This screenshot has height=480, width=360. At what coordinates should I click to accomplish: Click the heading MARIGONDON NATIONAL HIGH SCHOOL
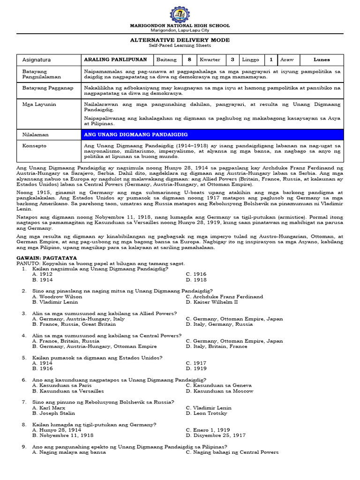pyautogui.click(x=180, y=26)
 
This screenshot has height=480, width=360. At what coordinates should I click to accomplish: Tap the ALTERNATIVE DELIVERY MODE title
pyautogui.click(x=180, y=40)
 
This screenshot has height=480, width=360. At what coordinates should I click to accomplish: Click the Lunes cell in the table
pyautogui.click(x=322, y=60)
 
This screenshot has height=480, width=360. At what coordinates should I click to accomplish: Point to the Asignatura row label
pyautogui.click(x=37, y=60)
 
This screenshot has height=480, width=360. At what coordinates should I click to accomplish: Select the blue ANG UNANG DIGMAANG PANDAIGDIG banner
pyautogui.click(x=211, y=135)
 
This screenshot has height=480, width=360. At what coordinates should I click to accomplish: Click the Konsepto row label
pyautogui.click(x=35, y=146)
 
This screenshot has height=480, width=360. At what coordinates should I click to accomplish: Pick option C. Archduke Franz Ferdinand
pyautogui.click(x=224, y=297)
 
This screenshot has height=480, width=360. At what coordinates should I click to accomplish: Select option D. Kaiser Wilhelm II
pyautogui.click(x=212, y=302)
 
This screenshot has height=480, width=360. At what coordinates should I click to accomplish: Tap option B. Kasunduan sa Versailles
pyautogui.click(x=68, y=391)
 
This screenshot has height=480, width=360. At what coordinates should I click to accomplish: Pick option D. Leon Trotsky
pyautogui.click(x=206, y=413)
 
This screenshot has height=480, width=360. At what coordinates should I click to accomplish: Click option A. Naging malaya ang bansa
pyautogui.click(x=69, y=452)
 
